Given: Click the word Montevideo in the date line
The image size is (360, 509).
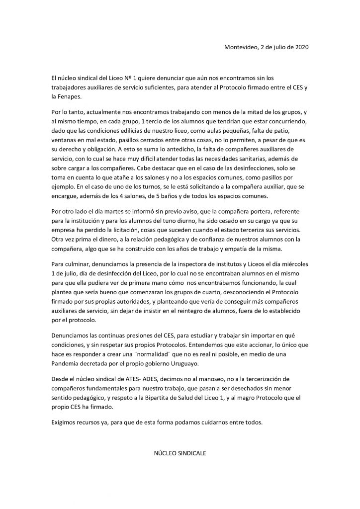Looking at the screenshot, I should point(241,47).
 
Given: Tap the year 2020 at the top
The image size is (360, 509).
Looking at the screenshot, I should point(300,47).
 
